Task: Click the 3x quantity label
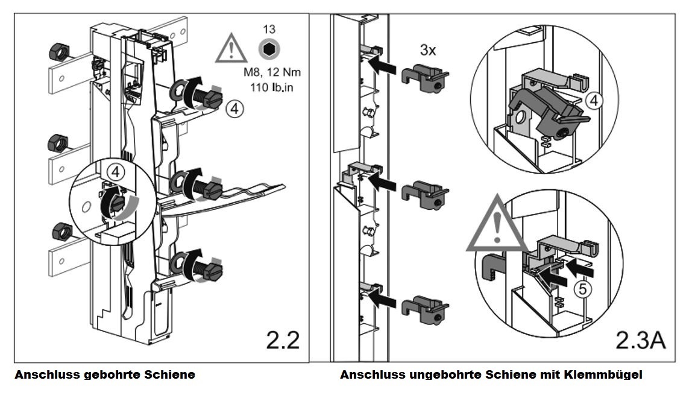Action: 428,50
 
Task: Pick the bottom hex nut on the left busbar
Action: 61,230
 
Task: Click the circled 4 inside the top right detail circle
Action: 594,101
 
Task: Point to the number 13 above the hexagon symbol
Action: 269,30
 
